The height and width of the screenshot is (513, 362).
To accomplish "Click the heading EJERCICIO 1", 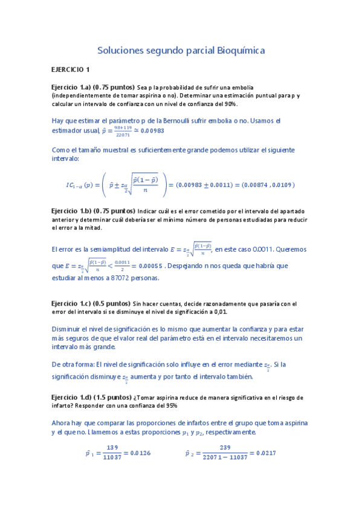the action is point(70,70).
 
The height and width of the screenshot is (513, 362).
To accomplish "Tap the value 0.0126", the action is point(138,453).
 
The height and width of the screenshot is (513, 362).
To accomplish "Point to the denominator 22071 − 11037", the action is point(227,458).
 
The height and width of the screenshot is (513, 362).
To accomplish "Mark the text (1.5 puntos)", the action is point(114,397).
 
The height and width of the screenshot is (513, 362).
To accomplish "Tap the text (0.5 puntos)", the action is point(112,303).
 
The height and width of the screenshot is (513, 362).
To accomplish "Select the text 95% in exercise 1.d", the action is point(169,406).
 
